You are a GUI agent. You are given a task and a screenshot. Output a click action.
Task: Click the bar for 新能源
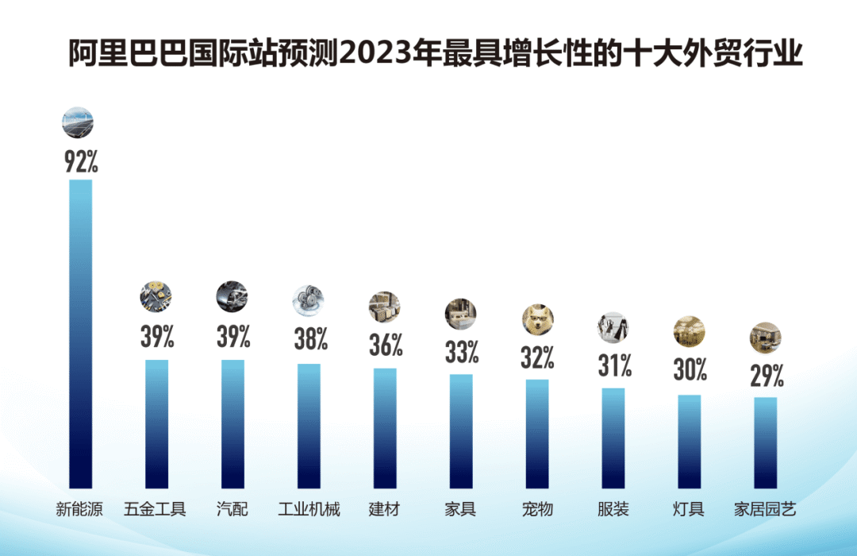click(x=80, y=334)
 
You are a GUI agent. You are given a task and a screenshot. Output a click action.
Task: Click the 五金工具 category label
click(x=156, y=509)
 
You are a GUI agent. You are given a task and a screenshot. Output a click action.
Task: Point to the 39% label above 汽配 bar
click(x=233, y=337)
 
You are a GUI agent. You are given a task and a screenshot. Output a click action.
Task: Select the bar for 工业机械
click(x=309, y=426)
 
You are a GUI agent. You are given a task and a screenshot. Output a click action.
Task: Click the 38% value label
click(x=310, y=340)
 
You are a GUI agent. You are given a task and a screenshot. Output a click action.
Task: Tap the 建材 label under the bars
click(x=385, y=509)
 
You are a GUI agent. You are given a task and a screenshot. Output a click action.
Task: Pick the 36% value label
click(x=386, y=346)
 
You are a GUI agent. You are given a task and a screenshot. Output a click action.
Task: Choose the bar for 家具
click(x=461, y=431)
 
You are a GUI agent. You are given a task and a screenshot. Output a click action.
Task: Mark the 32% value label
click(x=537, y=358)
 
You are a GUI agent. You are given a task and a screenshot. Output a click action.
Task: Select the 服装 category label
click(x=613, y=509)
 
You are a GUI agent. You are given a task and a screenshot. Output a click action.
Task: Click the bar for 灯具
click(x=690, y=442)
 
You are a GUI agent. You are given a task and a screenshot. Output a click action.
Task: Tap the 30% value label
click(x=690, y=371)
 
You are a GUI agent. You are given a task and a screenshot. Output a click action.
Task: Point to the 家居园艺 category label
click(x=766, y=509)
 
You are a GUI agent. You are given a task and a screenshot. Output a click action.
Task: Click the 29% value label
click(x=767, y=375)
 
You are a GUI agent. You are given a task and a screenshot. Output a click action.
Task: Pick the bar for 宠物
click(x=537, y=434)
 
